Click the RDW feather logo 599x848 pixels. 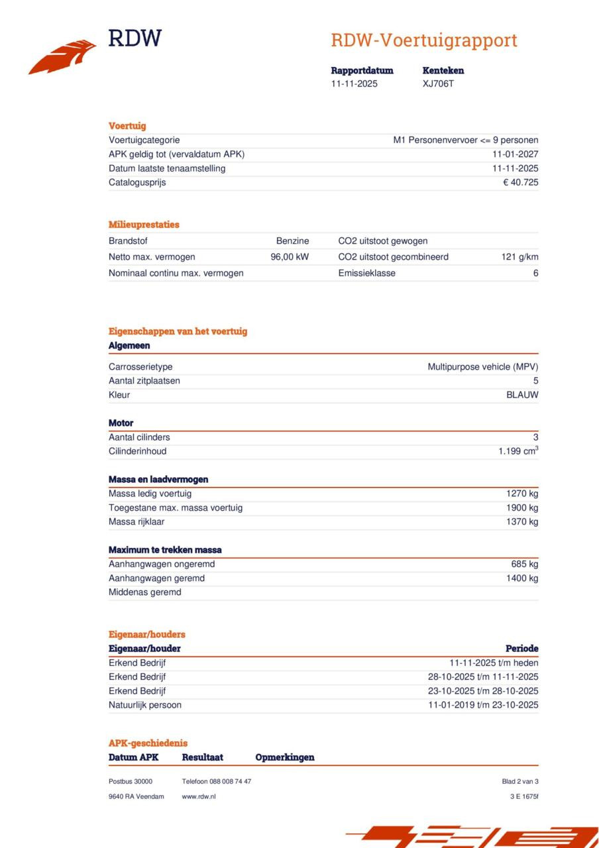[62, 57]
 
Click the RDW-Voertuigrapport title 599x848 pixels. [423, 40]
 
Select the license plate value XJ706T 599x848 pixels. [438, 83]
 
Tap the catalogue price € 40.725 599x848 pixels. [520, 182]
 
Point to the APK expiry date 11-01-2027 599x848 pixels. [515, 154]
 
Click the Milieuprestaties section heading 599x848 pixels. [144, 225]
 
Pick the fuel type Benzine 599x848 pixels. [292, 241]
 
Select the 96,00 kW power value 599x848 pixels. [290, 257]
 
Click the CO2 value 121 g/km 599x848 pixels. [519, 257]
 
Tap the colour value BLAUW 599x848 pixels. [522, 395]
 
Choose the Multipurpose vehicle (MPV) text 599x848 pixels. [482, 366]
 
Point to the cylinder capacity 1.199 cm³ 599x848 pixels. [518, 451]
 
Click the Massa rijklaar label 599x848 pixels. [136, 521]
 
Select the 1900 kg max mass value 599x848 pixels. [522, 507]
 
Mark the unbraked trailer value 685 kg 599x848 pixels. [524, 564]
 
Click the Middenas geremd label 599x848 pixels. [144, 592]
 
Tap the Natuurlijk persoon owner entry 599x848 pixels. [144, 705]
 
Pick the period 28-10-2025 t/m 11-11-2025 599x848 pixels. [482, 676]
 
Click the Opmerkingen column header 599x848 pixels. [285, 757]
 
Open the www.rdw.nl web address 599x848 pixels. [199, 796]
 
